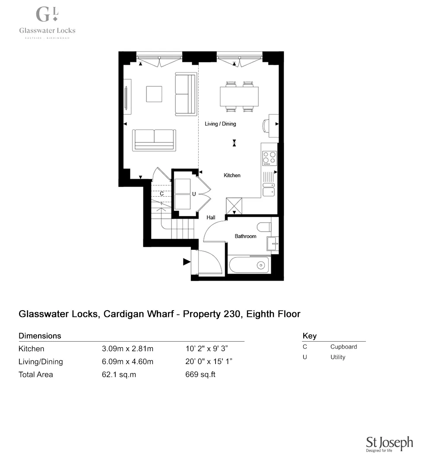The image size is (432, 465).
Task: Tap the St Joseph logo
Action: pos(389,444)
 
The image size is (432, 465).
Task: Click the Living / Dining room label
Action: pos(220,124)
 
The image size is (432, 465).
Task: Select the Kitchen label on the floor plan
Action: pos(232,176)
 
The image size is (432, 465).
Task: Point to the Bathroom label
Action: pos(245,236)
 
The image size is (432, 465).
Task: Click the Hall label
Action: pos(211,218)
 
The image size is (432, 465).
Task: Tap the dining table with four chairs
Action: pos(239,96)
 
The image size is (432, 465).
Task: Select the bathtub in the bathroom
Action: pos(249,265)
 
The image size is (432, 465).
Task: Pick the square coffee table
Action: pos(154,94)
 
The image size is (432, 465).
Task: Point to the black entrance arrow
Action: pos(187,261)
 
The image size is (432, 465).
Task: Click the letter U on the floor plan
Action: pos(194,194)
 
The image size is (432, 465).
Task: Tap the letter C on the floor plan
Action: pos(162,194)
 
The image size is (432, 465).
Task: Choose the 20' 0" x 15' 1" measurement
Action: pos(209,361)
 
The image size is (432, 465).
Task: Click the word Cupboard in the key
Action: pos(343,347)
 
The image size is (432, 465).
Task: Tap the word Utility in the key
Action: pos(338,357)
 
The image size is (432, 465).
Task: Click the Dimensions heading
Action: pos(40,336)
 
